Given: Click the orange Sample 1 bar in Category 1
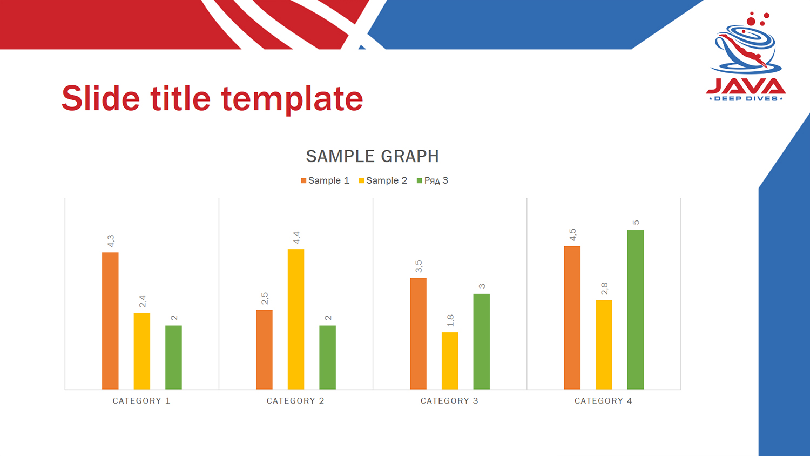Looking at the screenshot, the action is tap(110, 320).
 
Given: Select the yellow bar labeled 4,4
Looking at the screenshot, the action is tap(296, 319).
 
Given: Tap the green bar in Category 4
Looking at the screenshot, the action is tap(636, 310).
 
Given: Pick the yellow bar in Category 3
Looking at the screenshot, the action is tap(450, 361).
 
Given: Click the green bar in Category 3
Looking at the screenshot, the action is tap(481, 341).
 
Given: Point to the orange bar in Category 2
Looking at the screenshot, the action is tap(265, 350).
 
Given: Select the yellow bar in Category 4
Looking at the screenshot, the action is tap(604, 345).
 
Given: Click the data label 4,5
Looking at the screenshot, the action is tap(572, 234).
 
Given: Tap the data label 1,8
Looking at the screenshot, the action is tap(450, 320).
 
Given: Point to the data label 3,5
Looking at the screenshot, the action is tap(418, 266).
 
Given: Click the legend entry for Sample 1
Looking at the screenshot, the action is tap(325, 180).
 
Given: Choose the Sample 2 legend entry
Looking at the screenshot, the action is tap(383, 180).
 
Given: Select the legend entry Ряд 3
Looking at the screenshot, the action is tap(433, 180).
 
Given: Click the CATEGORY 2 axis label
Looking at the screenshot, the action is tap(295, 401).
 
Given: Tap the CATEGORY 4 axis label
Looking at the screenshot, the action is tap(604, 401).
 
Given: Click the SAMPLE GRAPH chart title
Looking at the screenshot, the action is tap(373, 156).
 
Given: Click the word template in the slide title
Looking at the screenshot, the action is tap(292, 99).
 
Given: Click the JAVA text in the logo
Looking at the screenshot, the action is tap(746, 86).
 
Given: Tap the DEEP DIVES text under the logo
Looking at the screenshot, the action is tap(746, 98).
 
